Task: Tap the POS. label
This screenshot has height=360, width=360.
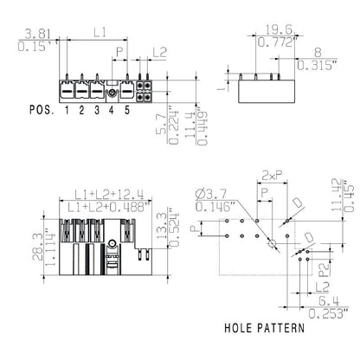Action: pos(40,111)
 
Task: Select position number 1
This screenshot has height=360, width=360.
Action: pos(66,111)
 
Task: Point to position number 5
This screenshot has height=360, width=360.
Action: pos(127,111)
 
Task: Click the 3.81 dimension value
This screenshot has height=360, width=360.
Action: pos(16,33)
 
